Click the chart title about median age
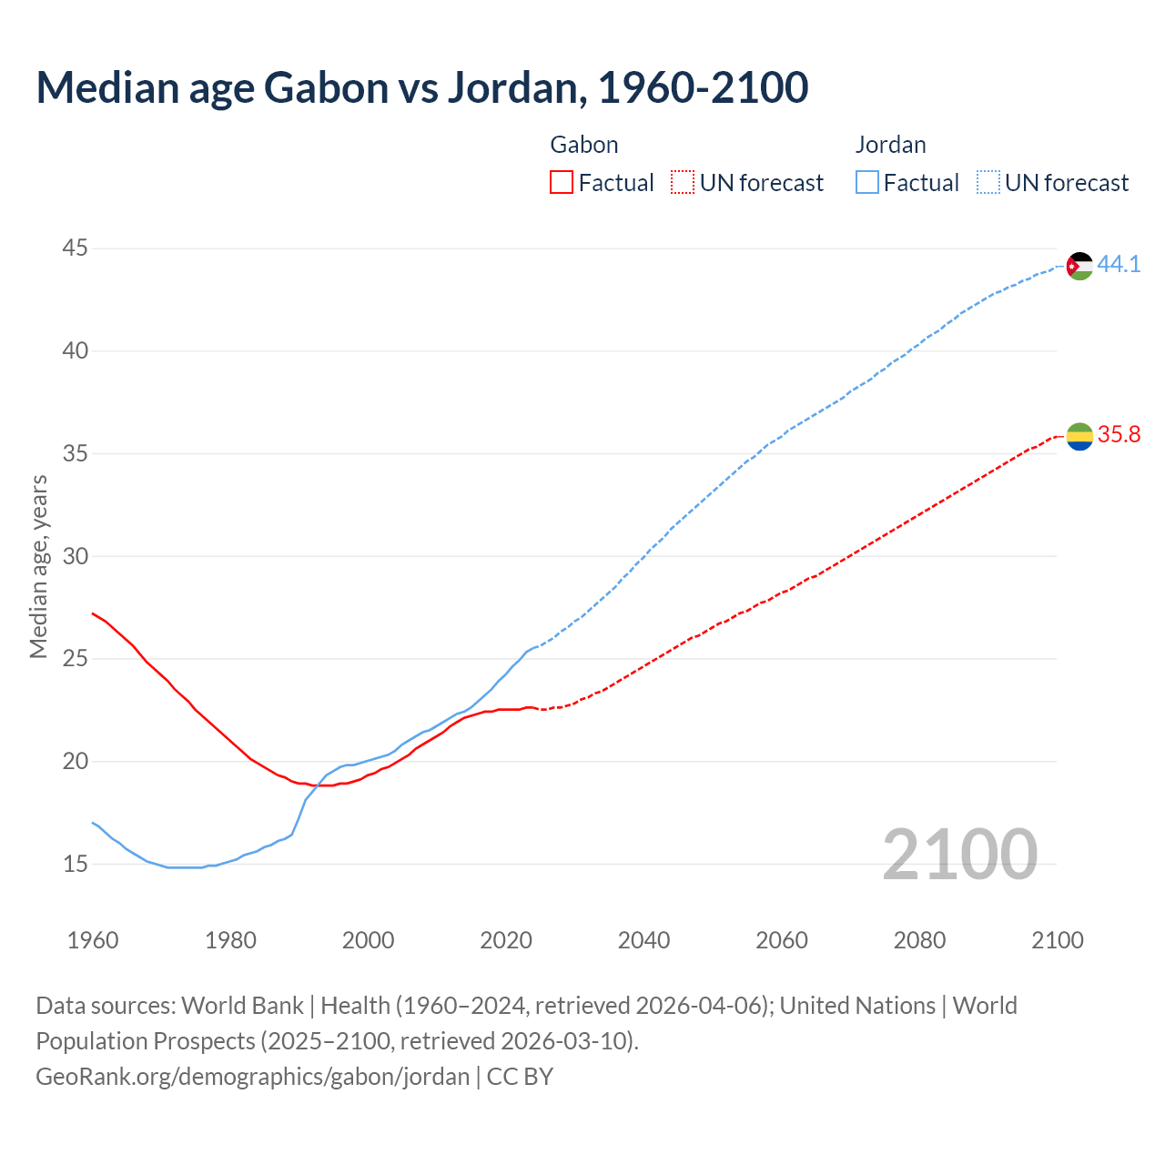pos(421,87)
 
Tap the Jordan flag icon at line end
pos(1079,266)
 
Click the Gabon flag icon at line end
pos(1079,437)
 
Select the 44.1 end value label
pos(1119,265)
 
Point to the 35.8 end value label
pos(1119,435)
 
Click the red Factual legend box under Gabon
pos(562,183)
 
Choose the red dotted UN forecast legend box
pos(683,183)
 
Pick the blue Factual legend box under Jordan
pos(867,183)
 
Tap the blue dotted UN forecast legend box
pos(988,183)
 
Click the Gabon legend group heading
pos(584,145)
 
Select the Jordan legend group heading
pos(890,145)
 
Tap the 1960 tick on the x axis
pos(93,940)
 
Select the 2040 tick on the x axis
pos(643,940)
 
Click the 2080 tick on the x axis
pos(919,940)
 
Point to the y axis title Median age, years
pos(38,566)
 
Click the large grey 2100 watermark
pos(959,854)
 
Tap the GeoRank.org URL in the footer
pos(252,1077)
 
